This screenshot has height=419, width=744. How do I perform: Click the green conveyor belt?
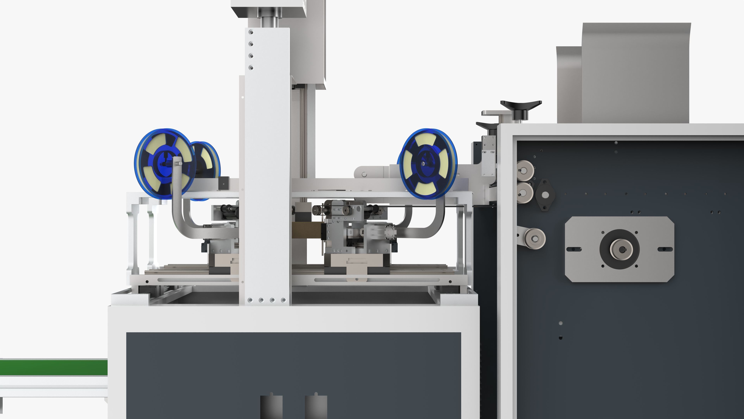[x=53, y=367]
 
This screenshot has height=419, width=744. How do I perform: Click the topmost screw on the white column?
[x=251, y=32]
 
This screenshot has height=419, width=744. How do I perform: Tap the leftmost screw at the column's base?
[x=250, y=300]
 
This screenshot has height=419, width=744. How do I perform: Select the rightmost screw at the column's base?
[x=283, y=300]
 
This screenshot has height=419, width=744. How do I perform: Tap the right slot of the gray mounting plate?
[x=665, y=249]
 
